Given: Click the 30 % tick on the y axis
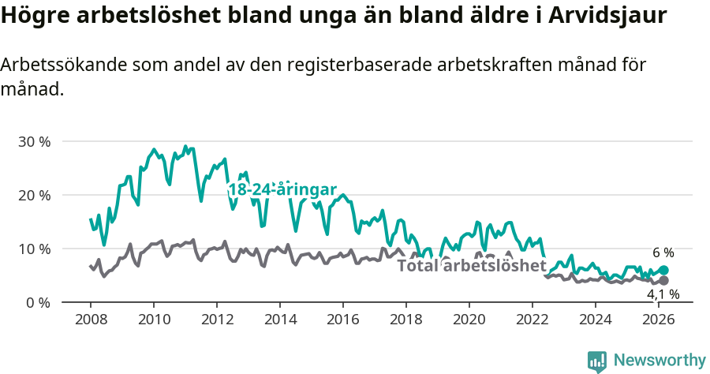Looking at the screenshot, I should pyautogui.click(x=34, y=142).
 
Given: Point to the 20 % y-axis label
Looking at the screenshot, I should pyautogui.click(x=34, y=195).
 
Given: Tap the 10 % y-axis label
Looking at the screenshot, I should pyautogui.click(x=34, y=249).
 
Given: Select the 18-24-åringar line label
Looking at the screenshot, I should pyautogui.click(x=282, y=190).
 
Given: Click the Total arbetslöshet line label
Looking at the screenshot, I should pyautogui.click(x=471, y=265).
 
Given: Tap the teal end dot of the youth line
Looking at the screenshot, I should pyautogui.click(x=664, y=270).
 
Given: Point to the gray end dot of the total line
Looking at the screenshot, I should pyautogui.click(x=664, y=280).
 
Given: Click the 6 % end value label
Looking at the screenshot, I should pyautogui.click(x=663, y=253).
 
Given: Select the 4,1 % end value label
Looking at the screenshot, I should pyautogui.click(x=663, y=295).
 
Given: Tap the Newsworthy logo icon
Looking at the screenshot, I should pyautogui.click(x=597, y=361).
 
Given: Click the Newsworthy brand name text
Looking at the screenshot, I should pyautogui.click(x=660, y=361).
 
